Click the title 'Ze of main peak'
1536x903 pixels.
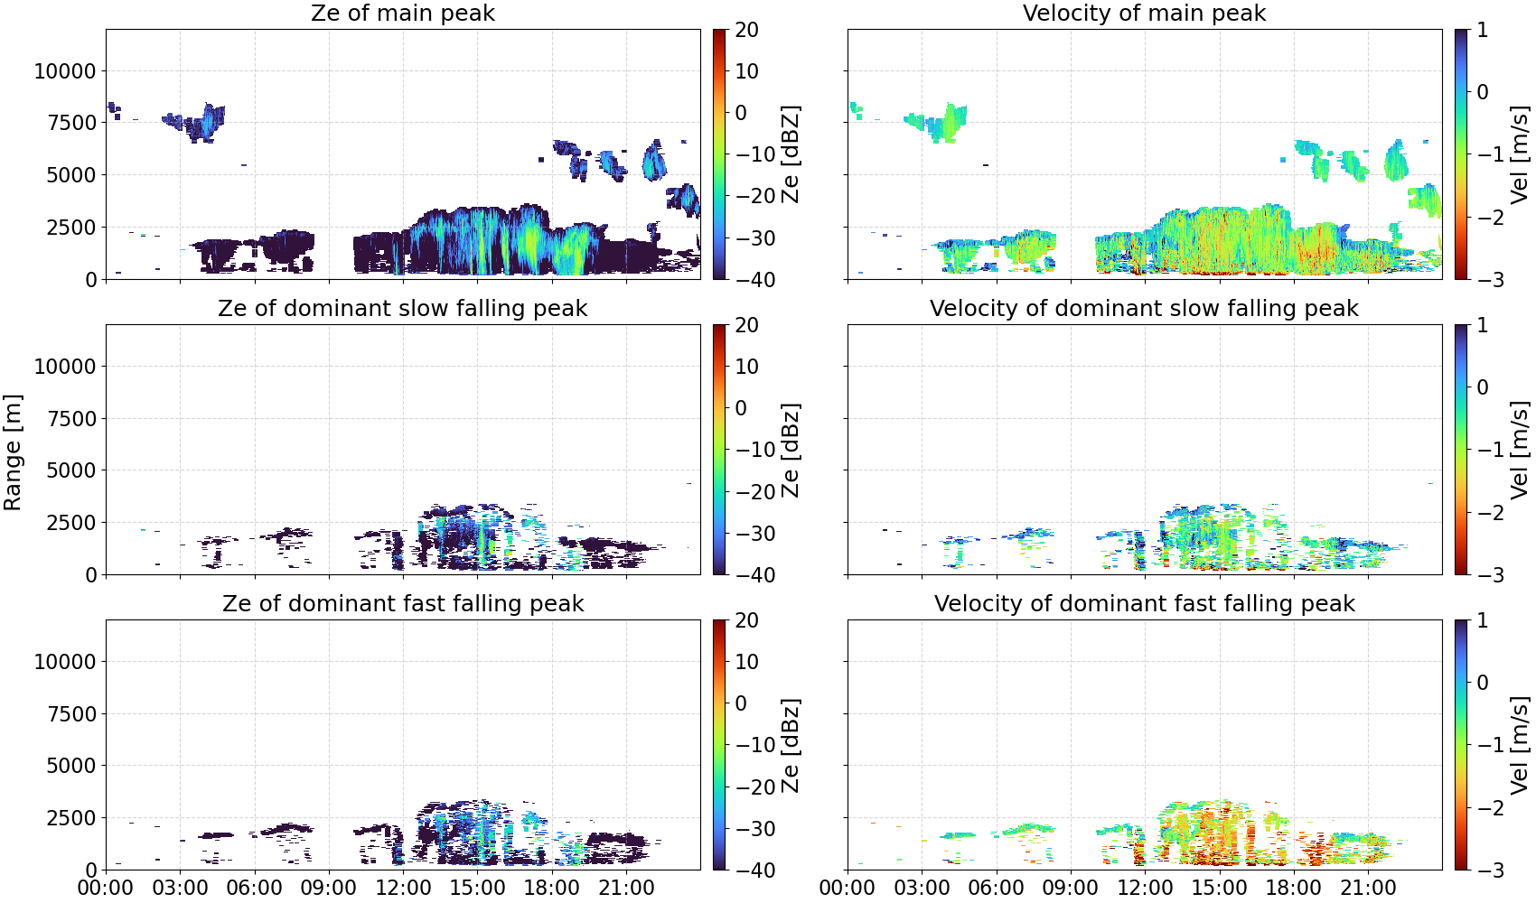402,13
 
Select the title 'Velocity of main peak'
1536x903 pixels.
1145,13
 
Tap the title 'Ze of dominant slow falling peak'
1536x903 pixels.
402,308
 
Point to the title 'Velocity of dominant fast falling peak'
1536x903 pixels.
1145,603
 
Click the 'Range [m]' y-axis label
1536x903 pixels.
13,452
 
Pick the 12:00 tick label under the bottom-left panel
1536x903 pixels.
403,888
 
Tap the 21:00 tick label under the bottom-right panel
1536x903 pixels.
1368,888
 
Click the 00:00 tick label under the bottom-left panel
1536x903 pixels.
106,888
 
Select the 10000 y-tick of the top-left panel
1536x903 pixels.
65,70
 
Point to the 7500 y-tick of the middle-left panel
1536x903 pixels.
71,419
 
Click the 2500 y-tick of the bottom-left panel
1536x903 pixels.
71,818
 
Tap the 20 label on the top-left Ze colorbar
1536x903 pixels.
746,30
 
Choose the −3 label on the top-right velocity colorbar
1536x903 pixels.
1483,280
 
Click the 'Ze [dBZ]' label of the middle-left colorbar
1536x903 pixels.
791,450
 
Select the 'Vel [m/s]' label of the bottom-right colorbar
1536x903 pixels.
1520,745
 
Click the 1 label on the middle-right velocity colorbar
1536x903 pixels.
1482,325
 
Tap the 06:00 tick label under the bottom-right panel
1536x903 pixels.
997,888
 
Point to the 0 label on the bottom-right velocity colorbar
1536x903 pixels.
1482,683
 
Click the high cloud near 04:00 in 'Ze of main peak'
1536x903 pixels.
199,124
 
